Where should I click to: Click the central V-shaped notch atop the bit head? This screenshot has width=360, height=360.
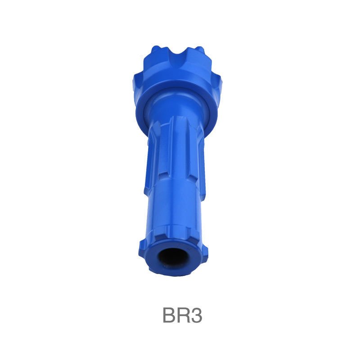177,58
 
